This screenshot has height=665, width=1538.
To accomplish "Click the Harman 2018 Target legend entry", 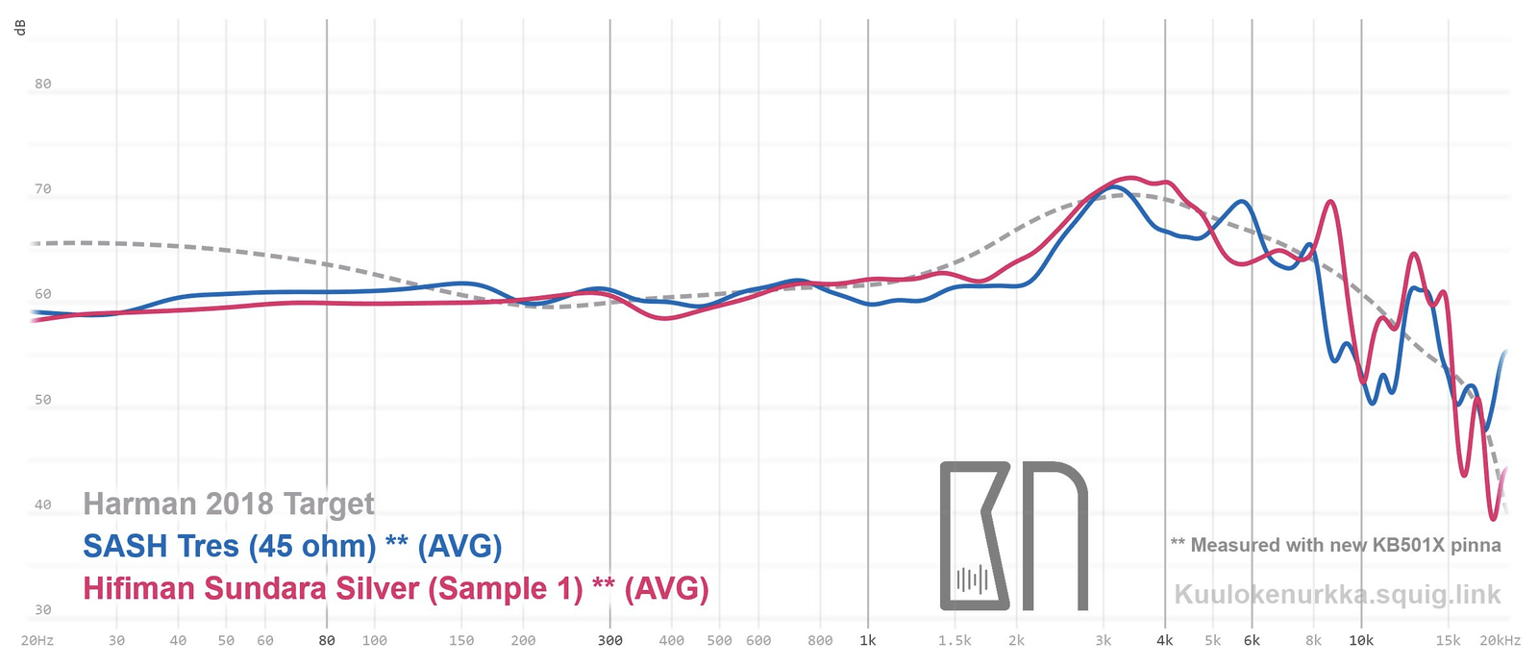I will point(229,504).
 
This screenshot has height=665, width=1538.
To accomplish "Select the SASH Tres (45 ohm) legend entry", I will point(292,546).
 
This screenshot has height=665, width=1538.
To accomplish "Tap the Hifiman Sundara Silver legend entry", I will point(395,588).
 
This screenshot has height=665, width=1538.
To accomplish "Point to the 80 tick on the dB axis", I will point(42,84).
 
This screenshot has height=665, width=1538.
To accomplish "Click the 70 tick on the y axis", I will point(42,189).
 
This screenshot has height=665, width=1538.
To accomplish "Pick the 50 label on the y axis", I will point(42,400).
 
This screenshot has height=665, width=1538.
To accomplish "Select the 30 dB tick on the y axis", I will point(42,609).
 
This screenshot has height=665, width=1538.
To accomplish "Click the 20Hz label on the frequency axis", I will point(37,641).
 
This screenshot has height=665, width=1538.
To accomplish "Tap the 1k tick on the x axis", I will point(867,641).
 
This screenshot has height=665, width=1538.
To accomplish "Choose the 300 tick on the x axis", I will point(609,641).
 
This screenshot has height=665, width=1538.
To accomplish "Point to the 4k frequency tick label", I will point(1165,641).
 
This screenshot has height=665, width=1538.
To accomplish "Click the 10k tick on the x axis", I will point(1360,641).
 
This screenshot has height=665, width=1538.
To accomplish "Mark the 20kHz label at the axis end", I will point(1500,641).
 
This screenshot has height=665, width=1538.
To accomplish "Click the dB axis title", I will point(20,27).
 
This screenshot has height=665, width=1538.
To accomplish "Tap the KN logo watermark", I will point(1013,535).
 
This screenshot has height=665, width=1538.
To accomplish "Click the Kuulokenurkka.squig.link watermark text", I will point(1337,595).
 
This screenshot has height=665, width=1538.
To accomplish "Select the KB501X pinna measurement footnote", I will point(1335,545).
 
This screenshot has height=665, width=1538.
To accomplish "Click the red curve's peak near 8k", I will point(1330,202).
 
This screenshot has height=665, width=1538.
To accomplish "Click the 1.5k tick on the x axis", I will point(955,641).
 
